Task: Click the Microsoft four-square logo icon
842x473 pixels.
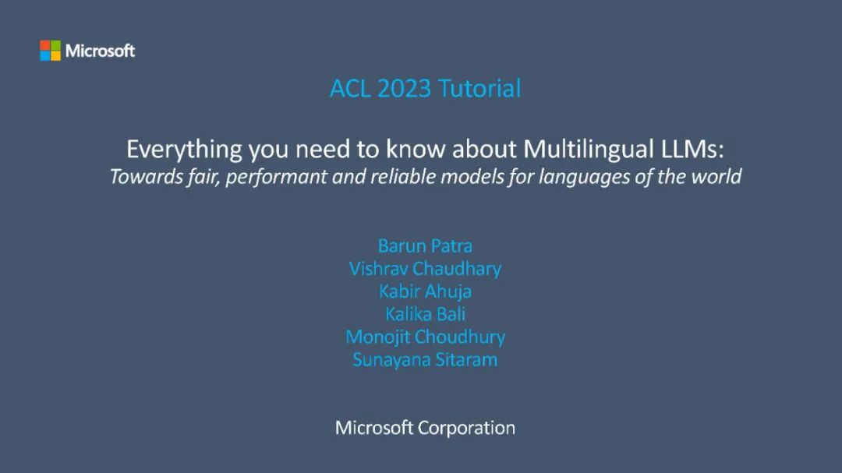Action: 51,51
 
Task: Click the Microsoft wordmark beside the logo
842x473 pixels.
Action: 100,51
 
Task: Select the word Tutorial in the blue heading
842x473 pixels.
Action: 479,89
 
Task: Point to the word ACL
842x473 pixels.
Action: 350,89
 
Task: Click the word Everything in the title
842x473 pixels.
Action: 184,150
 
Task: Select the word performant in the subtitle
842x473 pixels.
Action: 276,177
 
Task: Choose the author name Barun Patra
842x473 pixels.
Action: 426,246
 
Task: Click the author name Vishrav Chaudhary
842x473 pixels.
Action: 426,268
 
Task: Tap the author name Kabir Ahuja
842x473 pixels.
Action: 426,291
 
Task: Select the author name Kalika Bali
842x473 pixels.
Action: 426,314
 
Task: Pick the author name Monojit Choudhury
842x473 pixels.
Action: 426,337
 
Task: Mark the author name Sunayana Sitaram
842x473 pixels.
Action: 426,360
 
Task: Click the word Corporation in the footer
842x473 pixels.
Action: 466,429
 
